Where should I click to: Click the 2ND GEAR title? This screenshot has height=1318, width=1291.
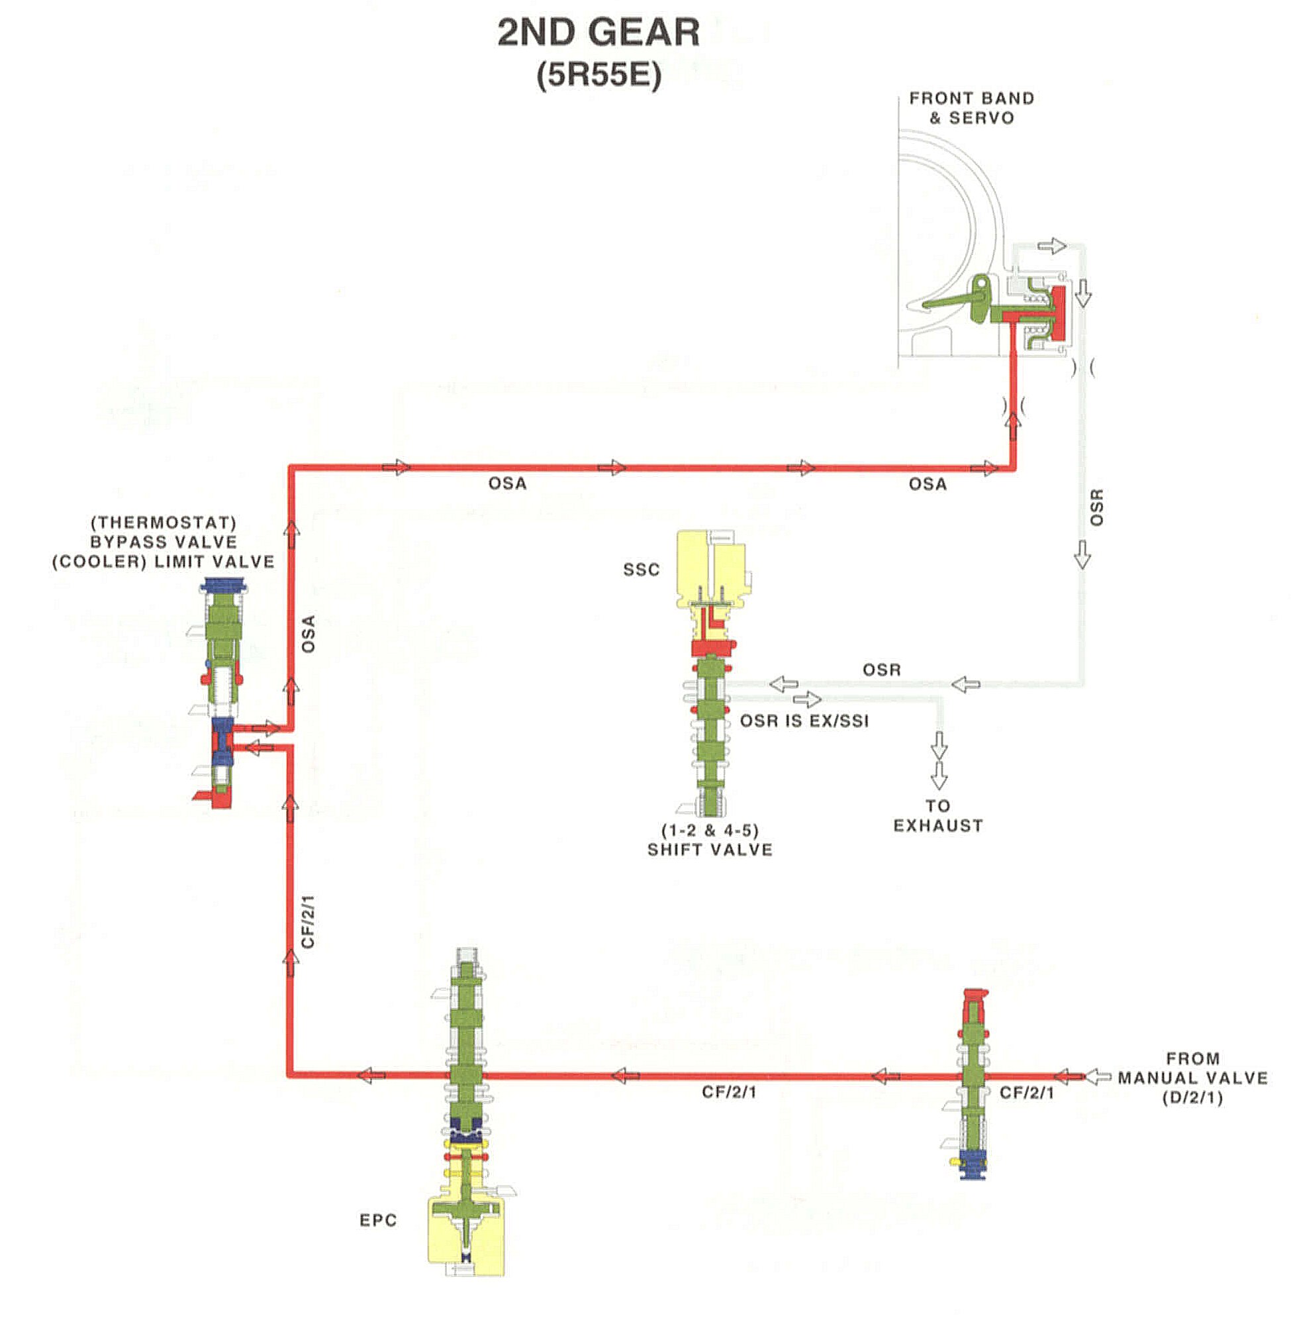tap(598, 32)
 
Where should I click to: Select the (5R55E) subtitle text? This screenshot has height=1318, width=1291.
tap(598, 75)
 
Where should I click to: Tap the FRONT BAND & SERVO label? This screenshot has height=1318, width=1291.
tap(971, 108)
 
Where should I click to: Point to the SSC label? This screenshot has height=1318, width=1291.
tap(641, 570)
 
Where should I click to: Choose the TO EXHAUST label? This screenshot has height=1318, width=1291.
tap(937, 816)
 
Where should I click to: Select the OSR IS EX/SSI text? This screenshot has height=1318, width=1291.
tap(804, 721)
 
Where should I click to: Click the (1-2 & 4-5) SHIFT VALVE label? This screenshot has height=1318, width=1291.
tap(710, 840)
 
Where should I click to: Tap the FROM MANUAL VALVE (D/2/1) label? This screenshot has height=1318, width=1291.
tap(1192, 1078)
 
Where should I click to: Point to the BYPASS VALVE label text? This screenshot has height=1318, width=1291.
tap(164, 542)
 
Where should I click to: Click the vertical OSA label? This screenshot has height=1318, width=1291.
tap(309, 634)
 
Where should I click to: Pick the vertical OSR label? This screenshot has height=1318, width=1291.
tap(1096, 507)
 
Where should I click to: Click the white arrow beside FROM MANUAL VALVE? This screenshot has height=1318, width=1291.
tap(1098, 1076)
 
